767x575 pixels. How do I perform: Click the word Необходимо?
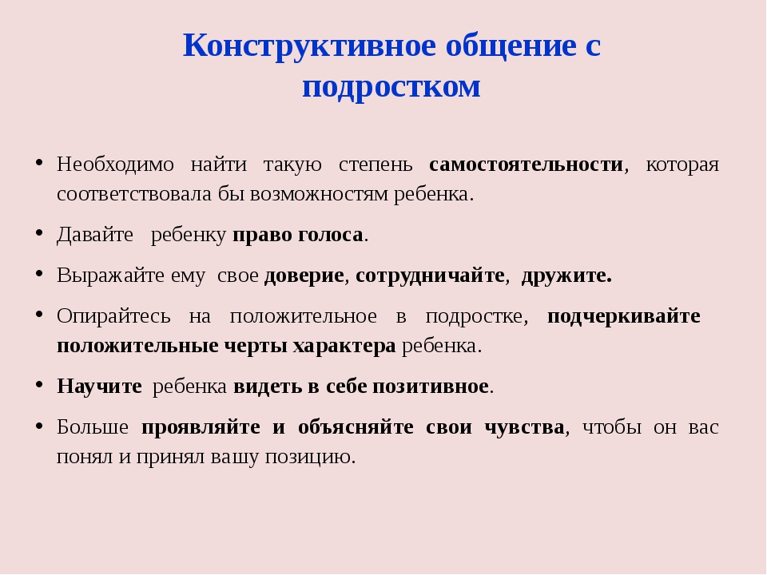click(115, 165)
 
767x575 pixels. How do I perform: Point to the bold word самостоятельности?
click(526, 165)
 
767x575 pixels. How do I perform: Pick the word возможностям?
click(320, 195)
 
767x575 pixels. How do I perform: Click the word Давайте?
click(95, 235)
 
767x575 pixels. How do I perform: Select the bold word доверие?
click(304, 276)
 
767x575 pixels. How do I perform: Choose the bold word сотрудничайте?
click(430, 276)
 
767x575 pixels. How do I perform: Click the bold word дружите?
click(566, 276)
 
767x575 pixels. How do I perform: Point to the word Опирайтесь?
click(113, 316)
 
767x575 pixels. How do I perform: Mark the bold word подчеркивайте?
click(624, 316)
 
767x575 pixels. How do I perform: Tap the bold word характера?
click(344, 346)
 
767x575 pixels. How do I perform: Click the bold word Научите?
click(99, 387)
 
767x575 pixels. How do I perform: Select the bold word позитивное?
click(431, 387)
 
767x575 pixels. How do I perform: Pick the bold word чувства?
click(524, 427)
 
